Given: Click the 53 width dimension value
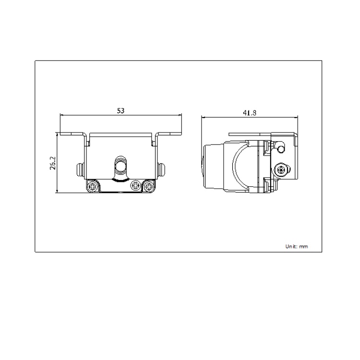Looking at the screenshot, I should coord(121,110).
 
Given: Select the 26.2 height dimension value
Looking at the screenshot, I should coord(53,163).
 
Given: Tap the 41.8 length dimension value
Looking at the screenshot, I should coord(250,113).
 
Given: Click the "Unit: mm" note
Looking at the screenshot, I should coord(297,246).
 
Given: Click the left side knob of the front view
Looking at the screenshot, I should coord(80,168).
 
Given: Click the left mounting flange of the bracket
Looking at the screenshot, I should coord(73,134).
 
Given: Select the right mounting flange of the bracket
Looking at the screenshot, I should coord(169,134).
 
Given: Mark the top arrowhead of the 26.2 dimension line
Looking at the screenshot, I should coord(57,135).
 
